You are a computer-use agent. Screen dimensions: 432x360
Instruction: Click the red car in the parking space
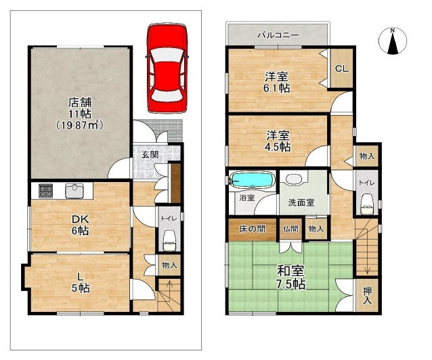[x=167, y=68]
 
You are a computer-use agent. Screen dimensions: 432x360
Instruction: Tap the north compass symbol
[x=393, y=41]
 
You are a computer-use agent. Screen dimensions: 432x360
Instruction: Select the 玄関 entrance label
[x=150, y=154]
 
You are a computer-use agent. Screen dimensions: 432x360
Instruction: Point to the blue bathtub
[x=252, y=180]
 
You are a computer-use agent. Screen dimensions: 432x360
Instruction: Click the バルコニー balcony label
[x=278, y=35]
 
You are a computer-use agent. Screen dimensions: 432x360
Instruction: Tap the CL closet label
[x=342, y=68]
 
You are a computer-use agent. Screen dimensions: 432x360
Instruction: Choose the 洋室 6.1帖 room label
[x=277, y=82]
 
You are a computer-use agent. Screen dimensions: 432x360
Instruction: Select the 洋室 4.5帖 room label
[x=278, y=141]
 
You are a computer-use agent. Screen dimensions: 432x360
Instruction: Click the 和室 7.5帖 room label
[x=291, y=277]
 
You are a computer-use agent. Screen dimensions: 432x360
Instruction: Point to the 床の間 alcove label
[x=252, y=229]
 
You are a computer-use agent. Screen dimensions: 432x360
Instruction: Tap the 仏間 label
[x=290, y=229]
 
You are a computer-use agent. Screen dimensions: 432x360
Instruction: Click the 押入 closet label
[x=367, y=295]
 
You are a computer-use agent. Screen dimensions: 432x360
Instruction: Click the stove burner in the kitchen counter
[x=46, y=191]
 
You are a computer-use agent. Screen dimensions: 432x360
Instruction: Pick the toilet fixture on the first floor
[x=169, y=240]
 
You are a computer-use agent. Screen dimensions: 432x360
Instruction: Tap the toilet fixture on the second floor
[x=366, y=204]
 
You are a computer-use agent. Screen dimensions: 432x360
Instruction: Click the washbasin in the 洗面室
[x=294, y=179]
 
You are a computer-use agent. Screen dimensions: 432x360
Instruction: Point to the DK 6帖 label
[x=80, y=225]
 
